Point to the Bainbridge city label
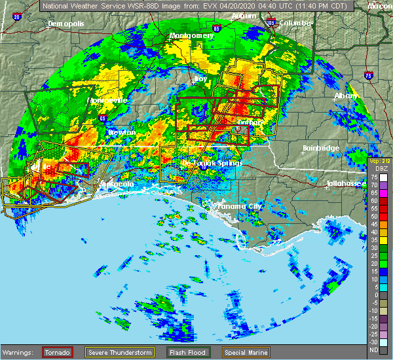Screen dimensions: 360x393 tap(321, 149)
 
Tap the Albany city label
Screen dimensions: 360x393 tap(346, 96)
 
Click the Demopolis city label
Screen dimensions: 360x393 tap(66, 24)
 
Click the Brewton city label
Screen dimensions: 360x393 tap(122, 132)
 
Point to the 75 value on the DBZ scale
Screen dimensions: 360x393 tap(374, 178)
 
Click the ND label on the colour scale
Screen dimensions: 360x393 tap(373, 350)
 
